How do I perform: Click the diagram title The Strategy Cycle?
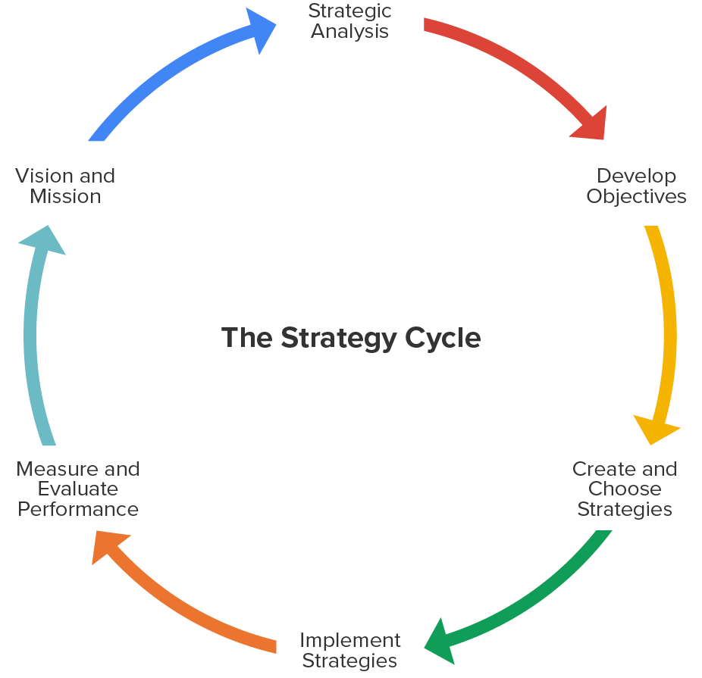(351, 338)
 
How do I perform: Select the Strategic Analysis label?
(349, 21)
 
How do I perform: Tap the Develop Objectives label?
(636, 186)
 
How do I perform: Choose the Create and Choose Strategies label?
(625, 489)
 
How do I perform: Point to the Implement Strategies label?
(349, 650)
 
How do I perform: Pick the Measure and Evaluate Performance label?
(78, 489)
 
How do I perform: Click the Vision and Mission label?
(65, 186)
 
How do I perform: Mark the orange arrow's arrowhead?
(106, 545)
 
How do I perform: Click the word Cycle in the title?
(443, 338)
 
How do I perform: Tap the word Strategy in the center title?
(338, 338)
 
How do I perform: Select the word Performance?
(78, 509)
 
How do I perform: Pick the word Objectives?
(636, 197)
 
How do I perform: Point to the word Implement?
(349, 640)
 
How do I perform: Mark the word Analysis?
(349, 32)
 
